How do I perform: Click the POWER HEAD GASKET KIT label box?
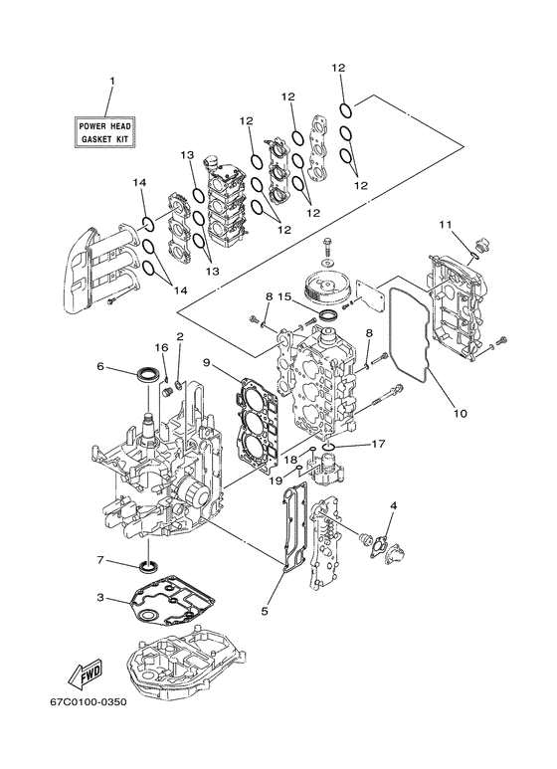[x=104, y=132]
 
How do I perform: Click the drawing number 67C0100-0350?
[x=89, y=701]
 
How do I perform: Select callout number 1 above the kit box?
[x=111, y=80]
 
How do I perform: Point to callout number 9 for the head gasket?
[x=207, y=362]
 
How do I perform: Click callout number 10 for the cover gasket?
[x=460, y=413]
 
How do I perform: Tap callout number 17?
[x=379, y=444]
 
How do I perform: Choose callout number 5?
[x=265, y=611]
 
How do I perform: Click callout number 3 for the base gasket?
[x=100, y=597]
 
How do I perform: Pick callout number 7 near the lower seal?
[x=100, y=559]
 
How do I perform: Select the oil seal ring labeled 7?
[x=148, y=566]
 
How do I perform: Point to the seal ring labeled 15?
[x=328, y=314]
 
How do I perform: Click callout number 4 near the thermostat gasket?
[x=394, y=505]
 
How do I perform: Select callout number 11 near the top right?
[x=445, y=225]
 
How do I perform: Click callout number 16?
[x=162, y=347]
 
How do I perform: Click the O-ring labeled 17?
[x=328, y=447]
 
